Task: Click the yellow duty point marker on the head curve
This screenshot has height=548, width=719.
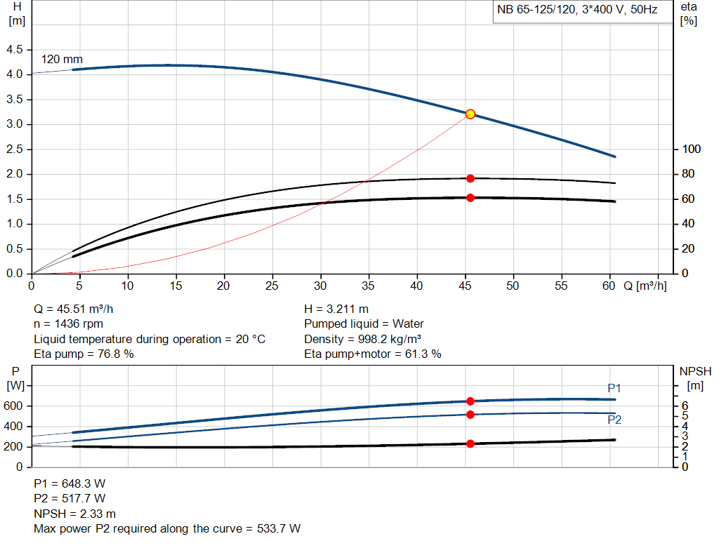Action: pyautogui.click(x=470, y=114)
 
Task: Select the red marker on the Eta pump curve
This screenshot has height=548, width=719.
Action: pyautogui.click(x=470, y=178)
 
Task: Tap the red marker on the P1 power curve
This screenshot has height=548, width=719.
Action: pyautogui.click(x=470, y=401)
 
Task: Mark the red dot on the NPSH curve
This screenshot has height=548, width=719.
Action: pyautogui.click(x=470, y=443)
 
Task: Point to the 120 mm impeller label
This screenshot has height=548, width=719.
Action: pyautogui.click(x=62, y=60)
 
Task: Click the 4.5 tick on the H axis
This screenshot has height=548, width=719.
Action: pyautogui.click(x=15, y=50)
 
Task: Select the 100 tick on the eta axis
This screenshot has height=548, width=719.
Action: pyautogui.click(x=692, y=149)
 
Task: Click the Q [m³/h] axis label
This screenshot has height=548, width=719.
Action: pyautogui.click(x=645, y=286)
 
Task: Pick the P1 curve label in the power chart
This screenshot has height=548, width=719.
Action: pyautogui.click(x=614, y=388)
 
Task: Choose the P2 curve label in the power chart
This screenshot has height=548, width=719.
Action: pyautogui.click(x=614, y=420)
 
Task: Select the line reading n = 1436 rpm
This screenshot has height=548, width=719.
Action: pyautogui.click(x=69, y=323)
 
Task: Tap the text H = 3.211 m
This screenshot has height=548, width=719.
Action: pyautogui.click(x=336, y=309)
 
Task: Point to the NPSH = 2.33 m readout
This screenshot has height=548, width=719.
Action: pyautogui.click(x=75, y=514)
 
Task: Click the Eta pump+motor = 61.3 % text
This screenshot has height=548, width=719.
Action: pyautogui.click(x=373, y=354)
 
